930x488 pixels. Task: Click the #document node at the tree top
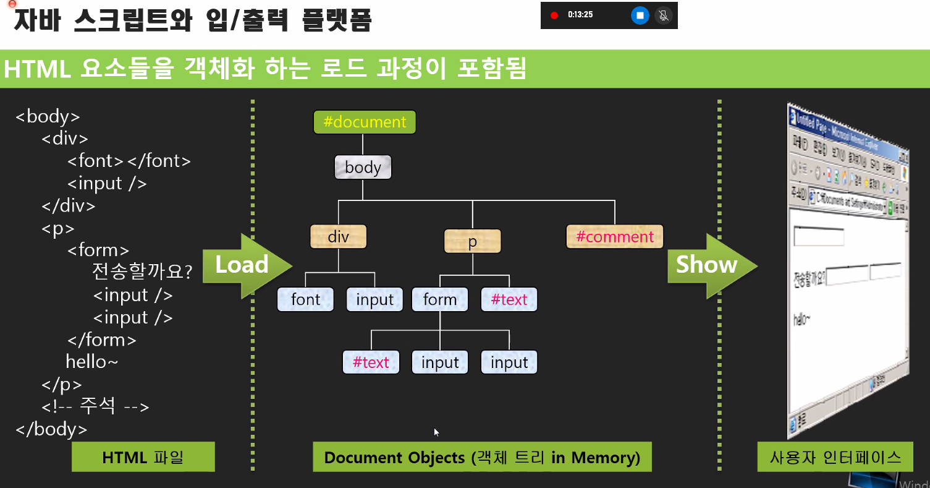pyautogui.click(x=365, y=122)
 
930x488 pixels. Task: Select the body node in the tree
pyautogui.click(x=363, y=168)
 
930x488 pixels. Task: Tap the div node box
pyautogui.click(x=338, y=237)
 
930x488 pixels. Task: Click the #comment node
pyautogui.click(x=614, y=237)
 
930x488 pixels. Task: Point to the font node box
pyautogui.click(x=305, y=300)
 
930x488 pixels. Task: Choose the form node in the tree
pyautogui.click(x=439, y=300)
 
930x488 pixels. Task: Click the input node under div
pyautogui.click(x=374, y=300)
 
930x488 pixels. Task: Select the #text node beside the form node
pyautogui.click(x=509, y=300)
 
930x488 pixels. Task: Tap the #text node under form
pyautogui.click(x=371, y=362)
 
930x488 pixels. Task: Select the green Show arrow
pyautogui.click(x=711, y=265)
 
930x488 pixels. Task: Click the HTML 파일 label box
pyautogui.click(x=143, y=458)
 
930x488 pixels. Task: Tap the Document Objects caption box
pyautogui.click(x=482, y=458)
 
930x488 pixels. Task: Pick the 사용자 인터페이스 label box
pyautogui.click(x=835, y=458)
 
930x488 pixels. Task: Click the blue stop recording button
pyautogui.click(x=640, y=15)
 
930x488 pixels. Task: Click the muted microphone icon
pyautogui.click(x=664, y=15)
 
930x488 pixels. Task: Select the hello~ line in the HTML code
pyautogui.click(x=91, y=362)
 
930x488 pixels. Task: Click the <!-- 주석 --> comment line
pyautogui.click(x=95, y=406)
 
